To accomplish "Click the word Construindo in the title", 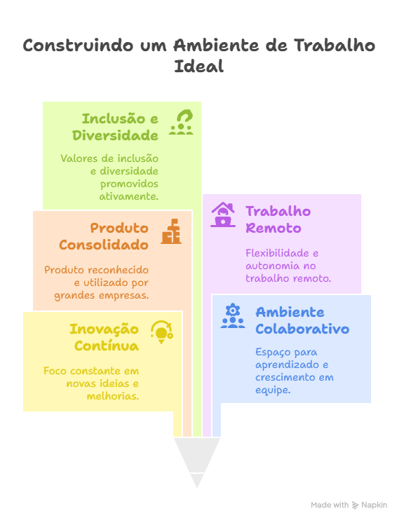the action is [x=78, y=45].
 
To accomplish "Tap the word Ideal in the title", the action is [x=198, y=66].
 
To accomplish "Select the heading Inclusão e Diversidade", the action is [x=115, y=127].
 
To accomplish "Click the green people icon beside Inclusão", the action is [x=181, y=122].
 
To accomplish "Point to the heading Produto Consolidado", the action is [x=104, y=236].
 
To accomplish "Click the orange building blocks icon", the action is [x=171, y=231].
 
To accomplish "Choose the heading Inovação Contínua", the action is [x=104, y=337].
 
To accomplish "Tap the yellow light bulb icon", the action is [x=162, y=332].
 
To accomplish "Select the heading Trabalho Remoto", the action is [x=278, y=219].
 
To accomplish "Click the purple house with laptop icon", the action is [x=223, y=214].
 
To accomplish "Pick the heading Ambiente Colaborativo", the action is [x=302, y=320].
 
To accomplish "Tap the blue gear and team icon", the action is [x=232, y=315].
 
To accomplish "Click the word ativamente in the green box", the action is [x=128, y=196].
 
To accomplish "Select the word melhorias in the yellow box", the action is [x=113, y=396].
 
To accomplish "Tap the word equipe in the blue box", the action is [x=273, y=390].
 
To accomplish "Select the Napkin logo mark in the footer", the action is [x=355, y=505].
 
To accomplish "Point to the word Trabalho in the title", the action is [x=335, y=45].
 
